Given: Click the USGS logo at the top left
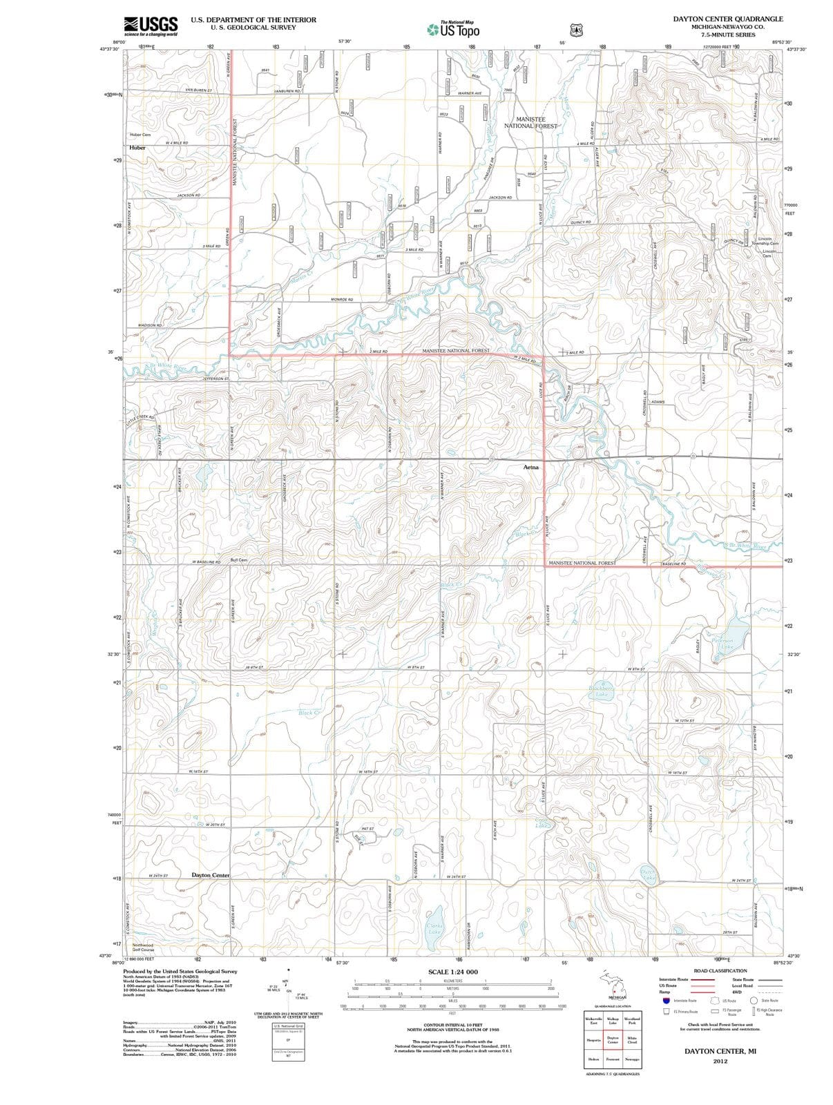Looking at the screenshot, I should pos(151,26).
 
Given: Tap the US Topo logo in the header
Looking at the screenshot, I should pos(452,29).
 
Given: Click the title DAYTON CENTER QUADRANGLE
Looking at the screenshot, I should pos(727,19).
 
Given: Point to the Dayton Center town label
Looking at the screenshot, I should pos(210,875).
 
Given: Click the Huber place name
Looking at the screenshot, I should pos(136,148).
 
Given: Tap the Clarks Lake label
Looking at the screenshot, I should pos(434,928).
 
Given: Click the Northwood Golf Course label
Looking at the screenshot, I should pos(143,948).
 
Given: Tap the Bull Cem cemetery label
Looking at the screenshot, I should pos(239,559).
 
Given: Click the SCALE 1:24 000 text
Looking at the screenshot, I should pos(452,972).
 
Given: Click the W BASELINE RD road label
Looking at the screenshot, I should pos(206,562).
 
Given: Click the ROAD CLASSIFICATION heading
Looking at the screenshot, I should pos(720,971).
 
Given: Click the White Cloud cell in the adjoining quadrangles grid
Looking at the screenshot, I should pos(631,1039).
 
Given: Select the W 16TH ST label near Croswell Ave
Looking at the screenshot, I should pos(677,773).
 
